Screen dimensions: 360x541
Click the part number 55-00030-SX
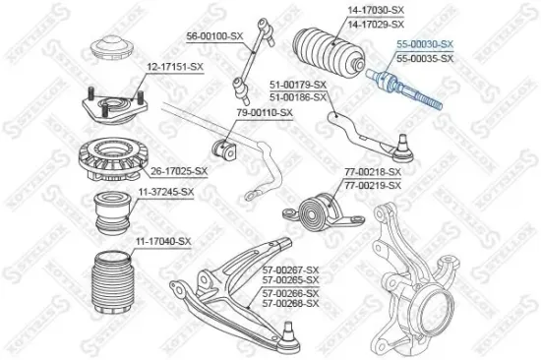coord(424,45)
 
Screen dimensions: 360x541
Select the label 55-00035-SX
coord(424,59)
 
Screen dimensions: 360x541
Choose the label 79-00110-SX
coord(263,112)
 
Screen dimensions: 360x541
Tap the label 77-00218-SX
coord(373,173)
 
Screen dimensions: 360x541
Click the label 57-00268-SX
coord(291,304)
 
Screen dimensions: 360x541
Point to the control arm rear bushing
coord(318,210)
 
